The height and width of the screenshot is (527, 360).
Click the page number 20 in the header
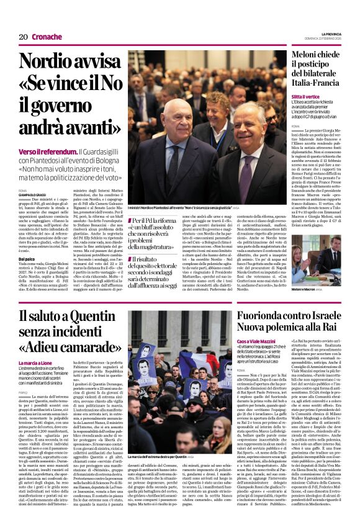[22, 37]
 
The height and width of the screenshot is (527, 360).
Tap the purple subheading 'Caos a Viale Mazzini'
[259, 342]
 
